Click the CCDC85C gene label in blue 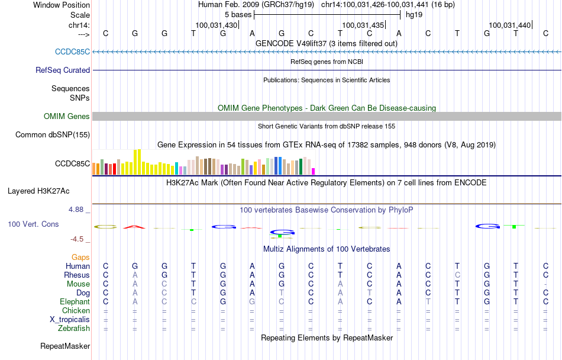pos(72,52)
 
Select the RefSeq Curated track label pos(63,70)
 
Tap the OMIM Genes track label pos(66,116)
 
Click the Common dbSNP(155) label pos(53,134)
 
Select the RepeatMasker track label pos(64,346)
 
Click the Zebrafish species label pos(74,328)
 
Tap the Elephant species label pos(73,301)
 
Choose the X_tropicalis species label pos(70,319)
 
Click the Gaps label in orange pos(80,257)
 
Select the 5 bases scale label pos(238,14)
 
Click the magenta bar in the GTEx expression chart pos(314,171)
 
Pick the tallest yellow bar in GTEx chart pos(138,162)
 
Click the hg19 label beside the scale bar pos(414,14)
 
